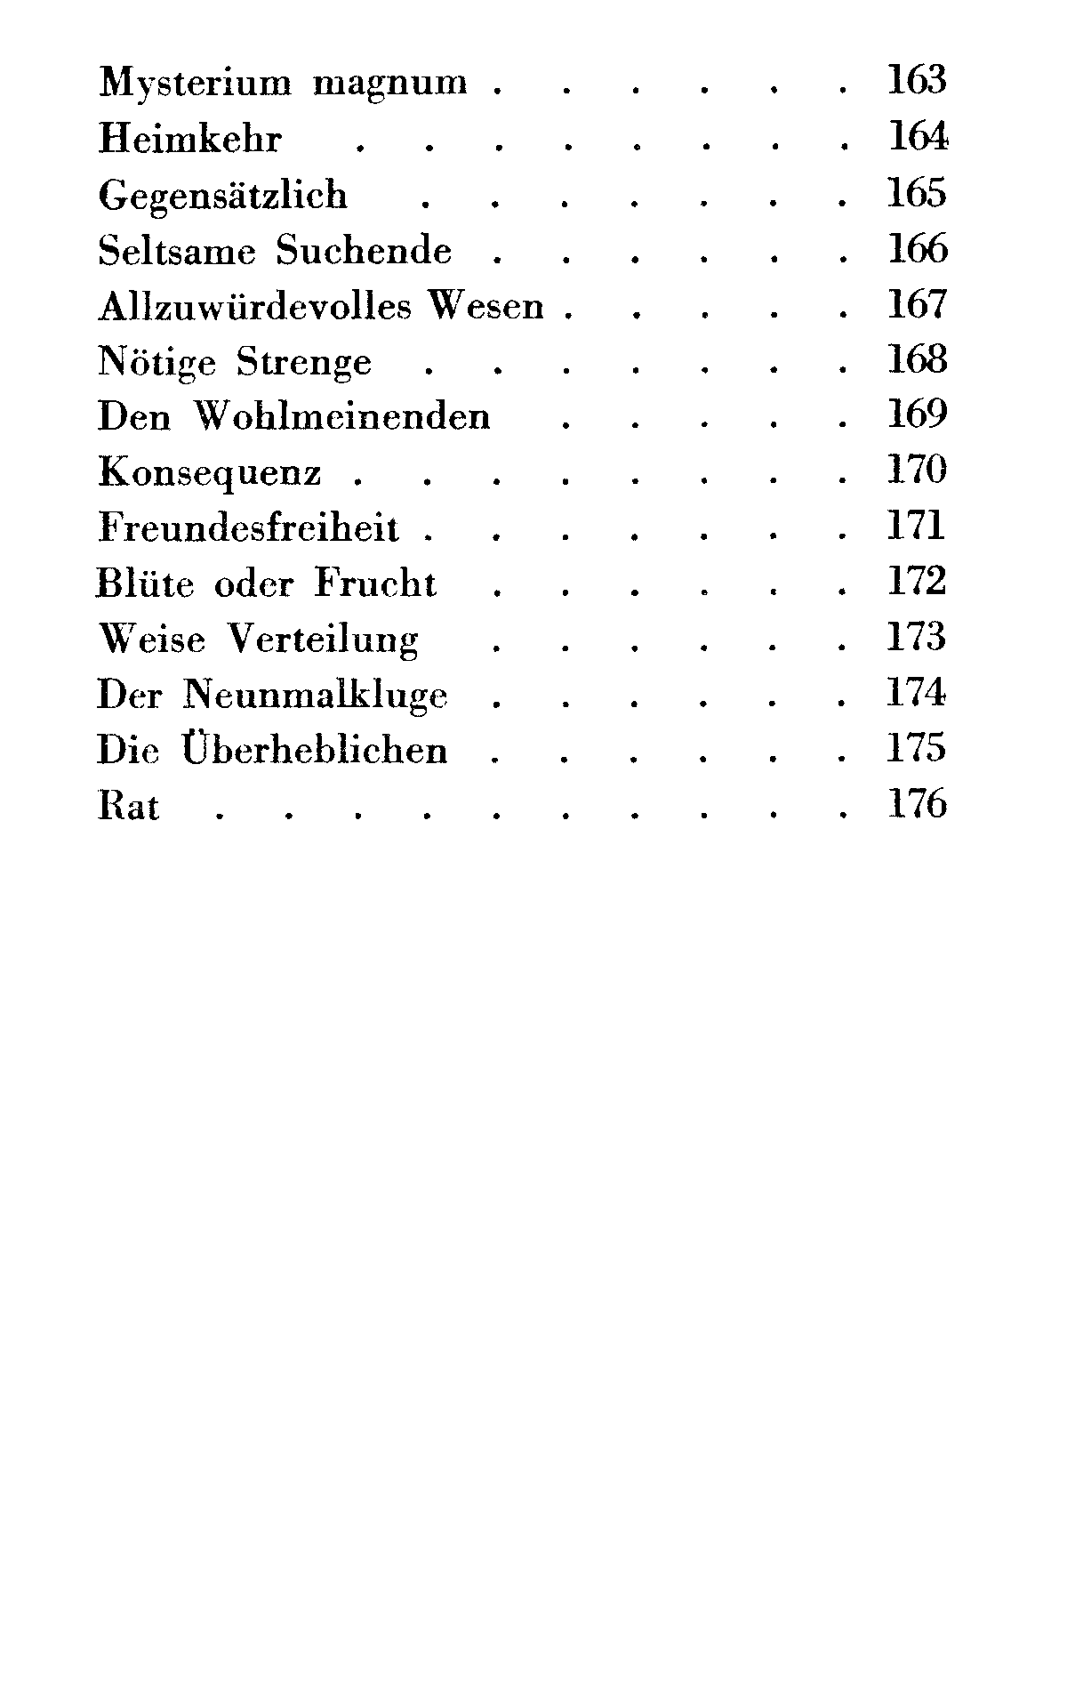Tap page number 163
click(917, 81)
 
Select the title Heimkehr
click(189, 140)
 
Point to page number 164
click(918, 137)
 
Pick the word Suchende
click(364, 251)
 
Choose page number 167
click(918, 304)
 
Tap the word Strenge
click(304, 363)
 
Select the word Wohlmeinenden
click(342, 417)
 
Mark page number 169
click(918, 414)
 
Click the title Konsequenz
click(210, 473)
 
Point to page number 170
click(918, 471)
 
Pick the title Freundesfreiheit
click(249, 528)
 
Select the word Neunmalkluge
click(316, 696)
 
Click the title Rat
click(129, 806)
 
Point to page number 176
click(918, 803)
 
